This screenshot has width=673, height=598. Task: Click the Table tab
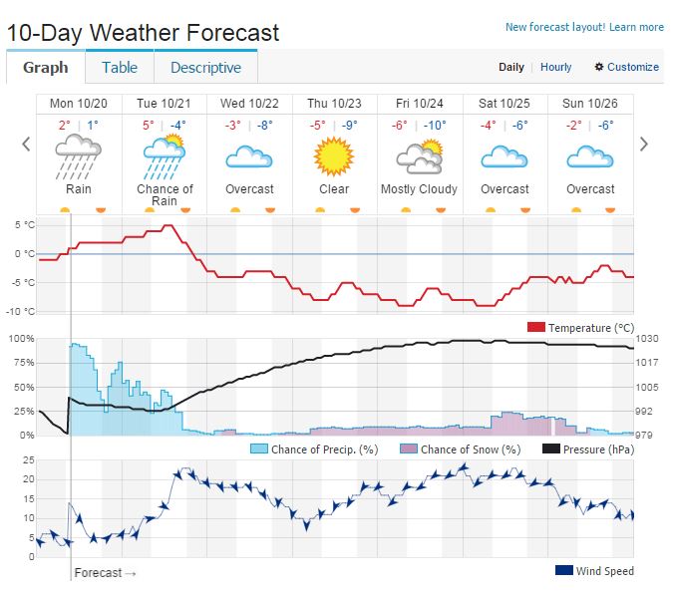(120, 68)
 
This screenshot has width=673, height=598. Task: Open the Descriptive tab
(205, 68)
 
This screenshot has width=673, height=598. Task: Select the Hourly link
(556, 67)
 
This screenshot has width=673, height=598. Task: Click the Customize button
(627, 67)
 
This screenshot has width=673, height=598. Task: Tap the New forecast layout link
(584, 28)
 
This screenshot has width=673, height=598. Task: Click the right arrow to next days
(644, 145)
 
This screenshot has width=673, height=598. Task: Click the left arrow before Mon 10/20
(26, 145)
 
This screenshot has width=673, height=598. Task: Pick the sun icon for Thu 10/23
(334, 156)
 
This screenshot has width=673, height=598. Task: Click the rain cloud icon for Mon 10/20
(78, 156)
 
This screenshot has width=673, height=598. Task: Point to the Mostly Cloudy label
(420, 189)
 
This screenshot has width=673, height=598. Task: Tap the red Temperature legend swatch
(535, 327)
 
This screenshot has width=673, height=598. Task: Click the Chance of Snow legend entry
(459, 449)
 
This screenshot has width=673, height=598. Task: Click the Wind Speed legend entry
(594, 571)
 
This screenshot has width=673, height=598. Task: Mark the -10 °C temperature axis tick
(23, 311)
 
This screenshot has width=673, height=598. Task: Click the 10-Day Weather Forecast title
(143, 32)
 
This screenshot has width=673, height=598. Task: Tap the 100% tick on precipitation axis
(21, 339)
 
